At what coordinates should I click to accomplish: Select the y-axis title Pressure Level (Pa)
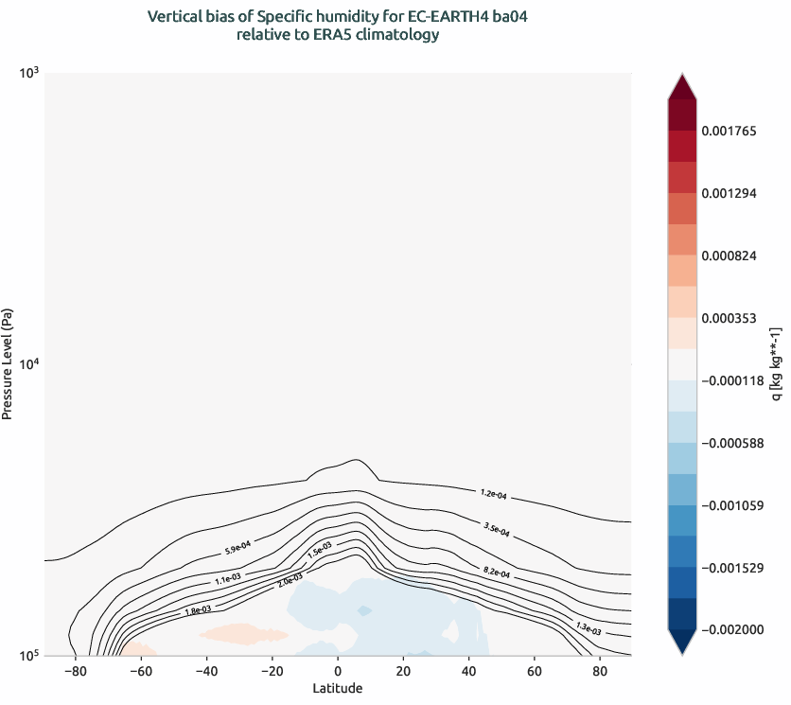(8, 363)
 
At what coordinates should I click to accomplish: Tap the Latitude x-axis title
(338, 688)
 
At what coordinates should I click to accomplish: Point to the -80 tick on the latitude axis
(73, 671)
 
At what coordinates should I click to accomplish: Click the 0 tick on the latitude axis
(338, 671)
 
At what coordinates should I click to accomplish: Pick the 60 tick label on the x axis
(535, 671)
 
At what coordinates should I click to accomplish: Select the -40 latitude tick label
(204, 671)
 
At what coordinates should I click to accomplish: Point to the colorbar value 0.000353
(729, 318)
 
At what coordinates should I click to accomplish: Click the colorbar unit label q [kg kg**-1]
(776, 363)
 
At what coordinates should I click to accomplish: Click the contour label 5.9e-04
(237, 546)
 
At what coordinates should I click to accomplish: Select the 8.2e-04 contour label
(497, 573)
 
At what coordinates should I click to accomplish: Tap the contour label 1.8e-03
(198, 610)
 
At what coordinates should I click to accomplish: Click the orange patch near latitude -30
(237, 632)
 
